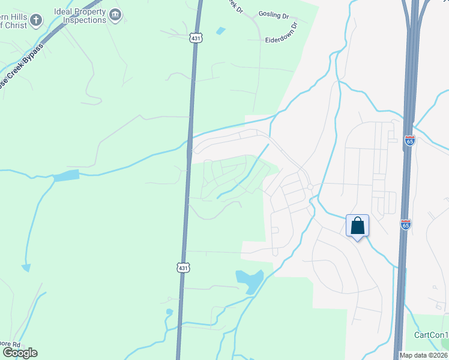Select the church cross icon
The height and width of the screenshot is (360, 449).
point(36,20)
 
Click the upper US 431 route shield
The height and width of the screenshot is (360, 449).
point(196,38)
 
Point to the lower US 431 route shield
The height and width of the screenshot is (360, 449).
point(184,267)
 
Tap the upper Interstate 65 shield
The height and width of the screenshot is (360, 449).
point(410,140)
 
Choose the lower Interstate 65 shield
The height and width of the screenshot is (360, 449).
point(406,224)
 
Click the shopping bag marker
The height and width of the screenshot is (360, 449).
point(358,226)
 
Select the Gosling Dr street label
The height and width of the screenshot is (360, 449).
point(273,13)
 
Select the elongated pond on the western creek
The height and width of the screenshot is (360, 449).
point(66,176)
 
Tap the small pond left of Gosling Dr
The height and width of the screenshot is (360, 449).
point(220,30)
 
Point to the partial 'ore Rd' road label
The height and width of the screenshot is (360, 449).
point(10,344)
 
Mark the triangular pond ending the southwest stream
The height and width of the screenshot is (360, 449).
point(26,268)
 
